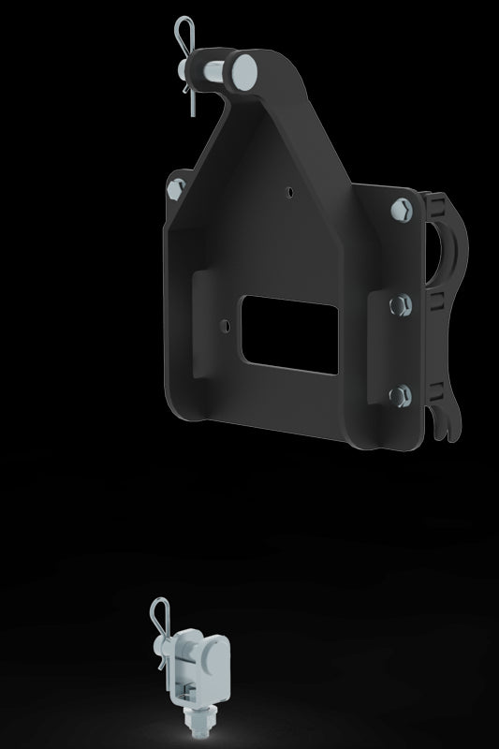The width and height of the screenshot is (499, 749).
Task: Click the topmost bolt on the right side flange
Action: click(x=403, y=208)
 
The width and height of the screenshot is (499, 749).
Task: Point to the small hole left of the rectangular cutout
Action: click(x=225, y=325)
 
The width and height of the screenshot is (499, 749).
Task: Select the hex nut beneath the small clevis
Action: click(x=198, y=718)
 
